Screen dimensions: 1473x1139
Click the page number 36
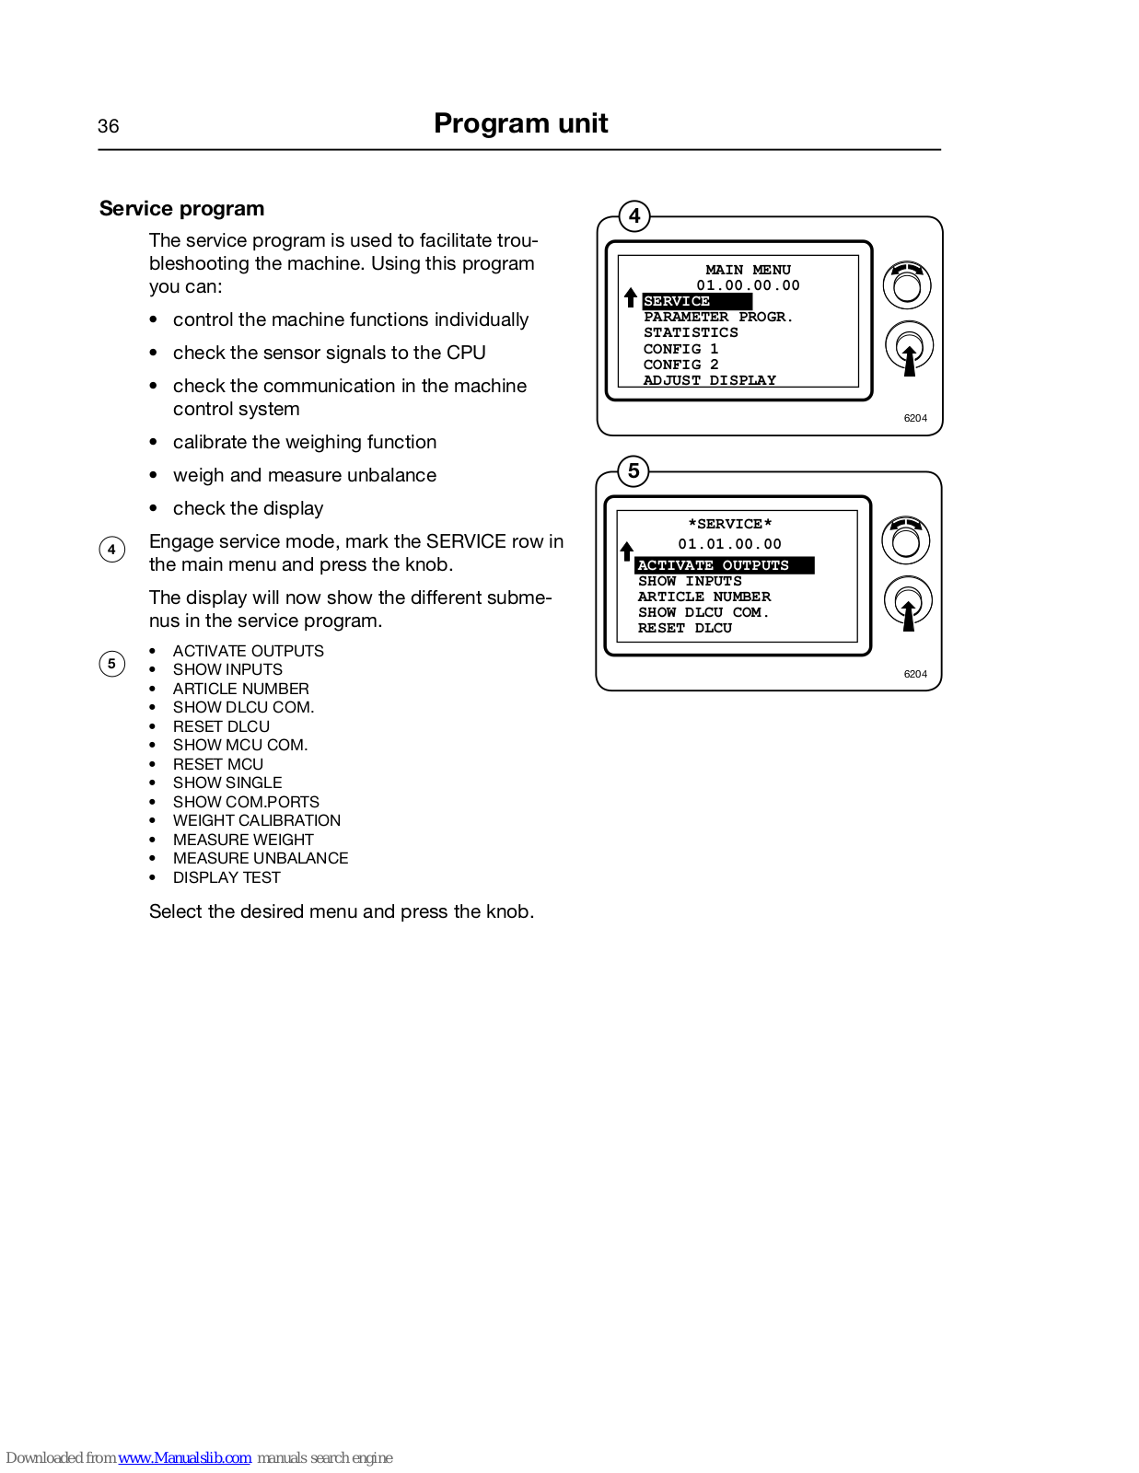pyautogui.click(x=108, y=126)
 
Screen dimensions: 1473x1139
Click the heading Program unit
pyautogui.click(x=520, y=123)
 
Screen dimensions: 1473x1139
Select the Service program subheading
pyautogui.click(x=181, y=209)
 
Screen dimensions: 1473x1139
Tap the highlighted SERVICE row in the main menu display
pyautogui.click(x=696, y=301)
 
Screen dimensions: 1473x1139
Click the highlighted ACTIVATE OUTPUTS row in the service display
pyautogui.click(x=724, y=565)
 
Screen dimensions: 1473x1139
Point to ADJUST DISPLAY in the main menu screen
pyautogui.click(x=709, y=380)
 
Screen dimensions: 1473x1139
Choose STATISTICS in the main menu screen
pyautogui.click(x=691, y=332)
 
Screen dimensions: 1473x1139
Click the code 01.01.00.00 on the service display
pyautogui.click(x=729, y=544)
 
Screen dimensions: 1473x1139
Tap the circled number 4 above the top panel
pyautogui.click(x=634, y=216)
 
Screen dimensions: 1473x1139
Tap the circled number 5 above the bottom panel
pyautogui.click(x=633, y=471)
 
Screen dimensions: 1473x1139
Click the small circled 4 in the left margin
pyautogui.click(x=111, y=550)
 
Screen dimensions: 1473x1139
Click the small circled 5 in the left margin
pyautogui.click(x=111, y=664)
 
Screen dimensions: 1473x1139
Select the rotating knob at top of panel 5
pyautogui.click(x=906, y=540)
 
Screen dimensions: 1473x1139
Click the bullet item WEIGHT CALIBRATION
pyautogui.click(x=256, y=820)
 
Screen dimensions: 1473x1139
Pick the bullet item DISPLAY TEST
pyautogui.click(x=227, y=877)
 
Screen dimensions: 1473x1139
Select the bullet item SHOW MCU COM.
pyautogui.click(x=240, y=745)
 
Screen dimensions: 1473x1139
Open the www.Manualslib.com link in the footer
pyautogui.click(x=184, y=1457)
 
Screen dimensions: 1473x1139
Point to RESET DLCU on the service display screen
pyautogui.click(x=685, y=628)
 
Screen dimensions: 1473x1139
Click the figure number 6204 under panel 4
pyautogui.click(x=915, y=418)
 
